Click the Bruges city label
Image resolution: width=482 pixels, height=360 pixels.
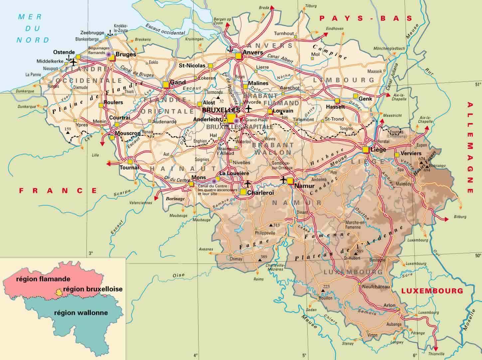[125, 54]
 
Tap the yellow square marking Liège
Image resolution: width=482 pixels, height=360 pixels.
[366, 150]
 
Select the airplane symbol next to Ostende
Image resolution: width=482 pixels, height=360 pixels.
[73, 62]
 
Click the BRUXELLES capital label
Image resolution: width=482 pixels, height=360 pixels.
[221, 110]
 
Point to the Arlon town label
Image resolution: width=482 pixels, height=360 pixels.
[390, 305]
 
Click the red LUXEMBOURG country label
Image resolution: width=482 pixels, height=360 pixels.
[432, 291]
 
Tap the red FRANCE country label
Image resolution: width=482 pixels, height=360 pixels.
[58, 191]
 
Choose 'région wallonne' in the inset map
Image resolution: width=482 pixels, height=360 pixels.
[81, 313]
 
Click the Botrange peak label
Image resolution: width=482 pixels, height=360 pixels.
[437, 165]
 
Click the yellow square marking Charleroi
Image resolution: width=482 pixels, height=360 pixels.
[243, 192]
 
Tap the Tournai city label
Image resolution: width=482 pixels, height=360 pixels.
[129, 167]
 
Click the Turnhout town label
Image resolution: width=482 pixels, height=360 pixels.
[284, 34]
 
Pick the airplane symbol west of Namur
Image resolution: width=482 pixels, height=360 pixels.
[283, 180]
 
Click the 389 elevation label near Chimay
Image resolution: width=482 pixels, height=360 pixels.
[264, 257]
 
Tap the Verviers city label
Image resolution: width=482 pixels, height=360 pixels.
[411, 153]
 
